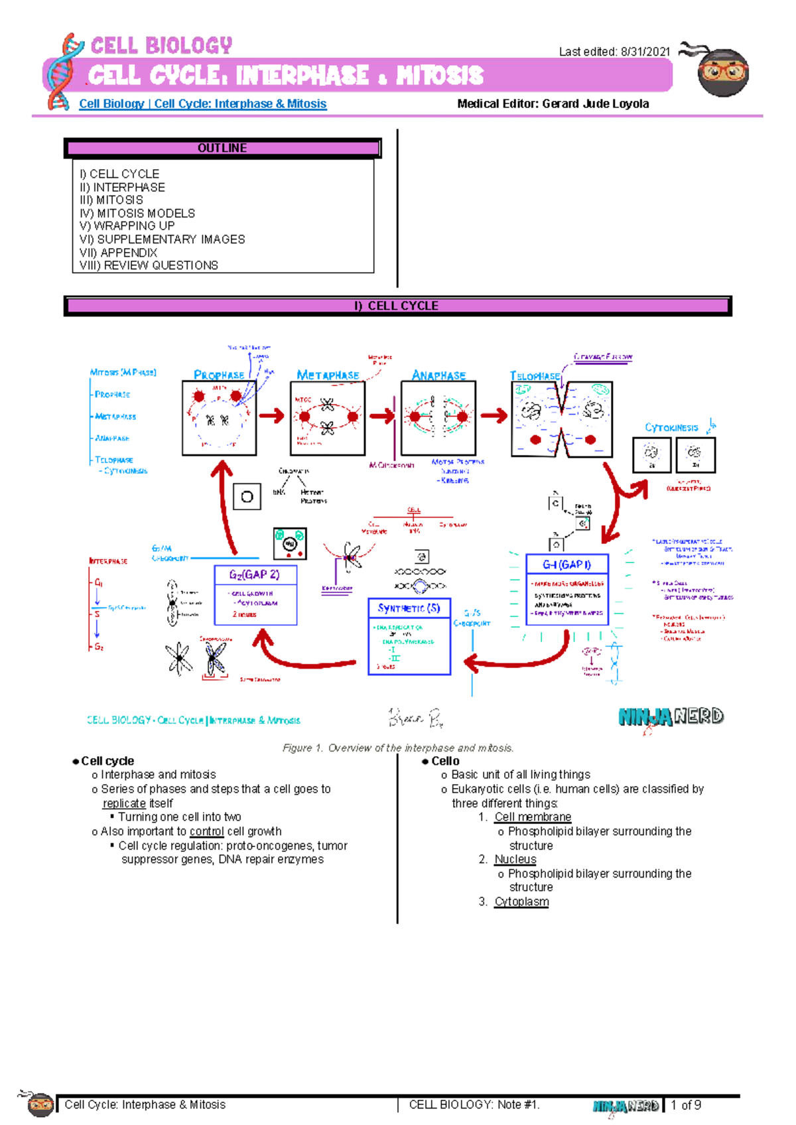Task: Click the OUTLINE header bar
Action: click(222, 148)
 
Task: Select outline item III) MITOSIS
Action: click(111, 200)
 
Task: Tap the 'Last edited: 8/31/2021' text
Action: click(614, 52)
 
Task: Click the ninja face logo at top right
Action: click(722, 72)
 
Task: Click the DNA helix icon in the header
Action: click(65, 72)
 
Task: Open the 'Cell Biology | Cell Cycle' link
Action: click(202, 103)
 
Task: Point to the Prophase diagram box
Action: click(219, 418)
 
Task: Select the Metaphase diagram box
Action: click(328, 418)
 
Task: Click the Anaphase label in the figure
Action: click(438, 375)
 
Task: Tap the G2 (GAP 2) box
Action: click(255, 595)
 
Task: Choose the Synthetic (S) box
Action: click(409, 636)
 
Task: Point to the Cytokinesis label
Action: click(671, 428)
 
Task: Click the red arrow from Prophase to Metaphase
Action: click(271, 416)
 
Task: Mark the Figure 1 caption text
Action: click(398, 748)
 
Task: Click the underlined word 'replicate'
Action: click(124, 803)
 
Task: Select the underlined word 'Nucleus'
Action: click(515, 859)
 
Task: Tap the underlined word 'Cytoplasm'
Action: click(521, 901)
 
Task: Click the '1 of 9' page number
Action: click(686, 1105)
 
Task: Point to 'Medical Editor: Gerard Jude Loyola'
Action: click(553, 103)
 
